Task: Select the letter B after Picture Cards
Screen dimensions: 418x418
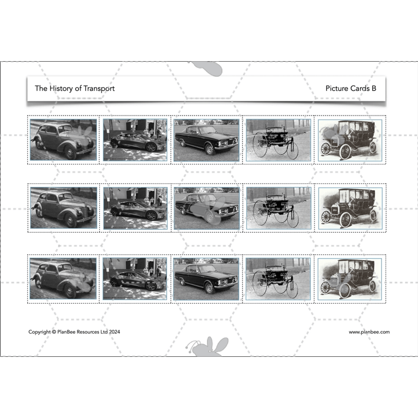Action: (x=374, y=88)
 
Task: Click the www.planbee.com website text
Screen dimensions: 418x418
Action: (x=369, y=332)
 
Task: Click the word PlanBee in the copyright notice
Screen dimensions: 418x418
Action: (x=71, y=332)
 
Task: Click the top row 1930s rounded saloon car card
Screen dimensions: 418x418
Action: (x=63, y=140)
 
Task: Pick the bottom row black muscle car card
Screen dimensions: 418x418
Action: (x=206, y=278)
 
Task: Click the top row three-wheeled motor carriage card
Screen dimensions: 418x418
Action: (x=278, y=140)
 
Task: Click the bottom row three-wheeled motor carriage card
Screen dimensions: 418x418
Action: (x=278, y=278)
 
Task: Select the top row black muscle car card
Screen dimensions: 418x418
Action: (x=206, y=140)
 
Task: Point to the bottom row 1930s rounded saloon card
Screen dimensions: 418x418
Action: (x=63, y=278)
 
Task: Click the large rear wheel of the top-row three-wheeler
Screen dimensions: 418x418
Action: (x=260, y=142)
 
